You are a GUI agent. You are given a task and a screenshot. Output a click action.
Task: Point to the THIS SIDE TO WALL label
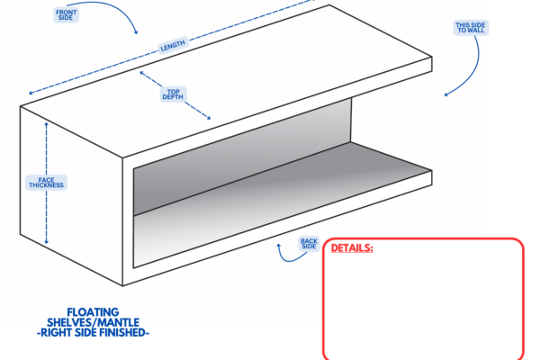tap(471, 28)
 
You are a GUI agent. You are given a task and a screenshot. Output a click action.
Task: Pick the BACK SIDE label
tap(309, 244)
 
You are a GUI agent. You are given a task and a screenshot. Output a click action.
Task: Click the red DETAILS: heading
tap(352, 247)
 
